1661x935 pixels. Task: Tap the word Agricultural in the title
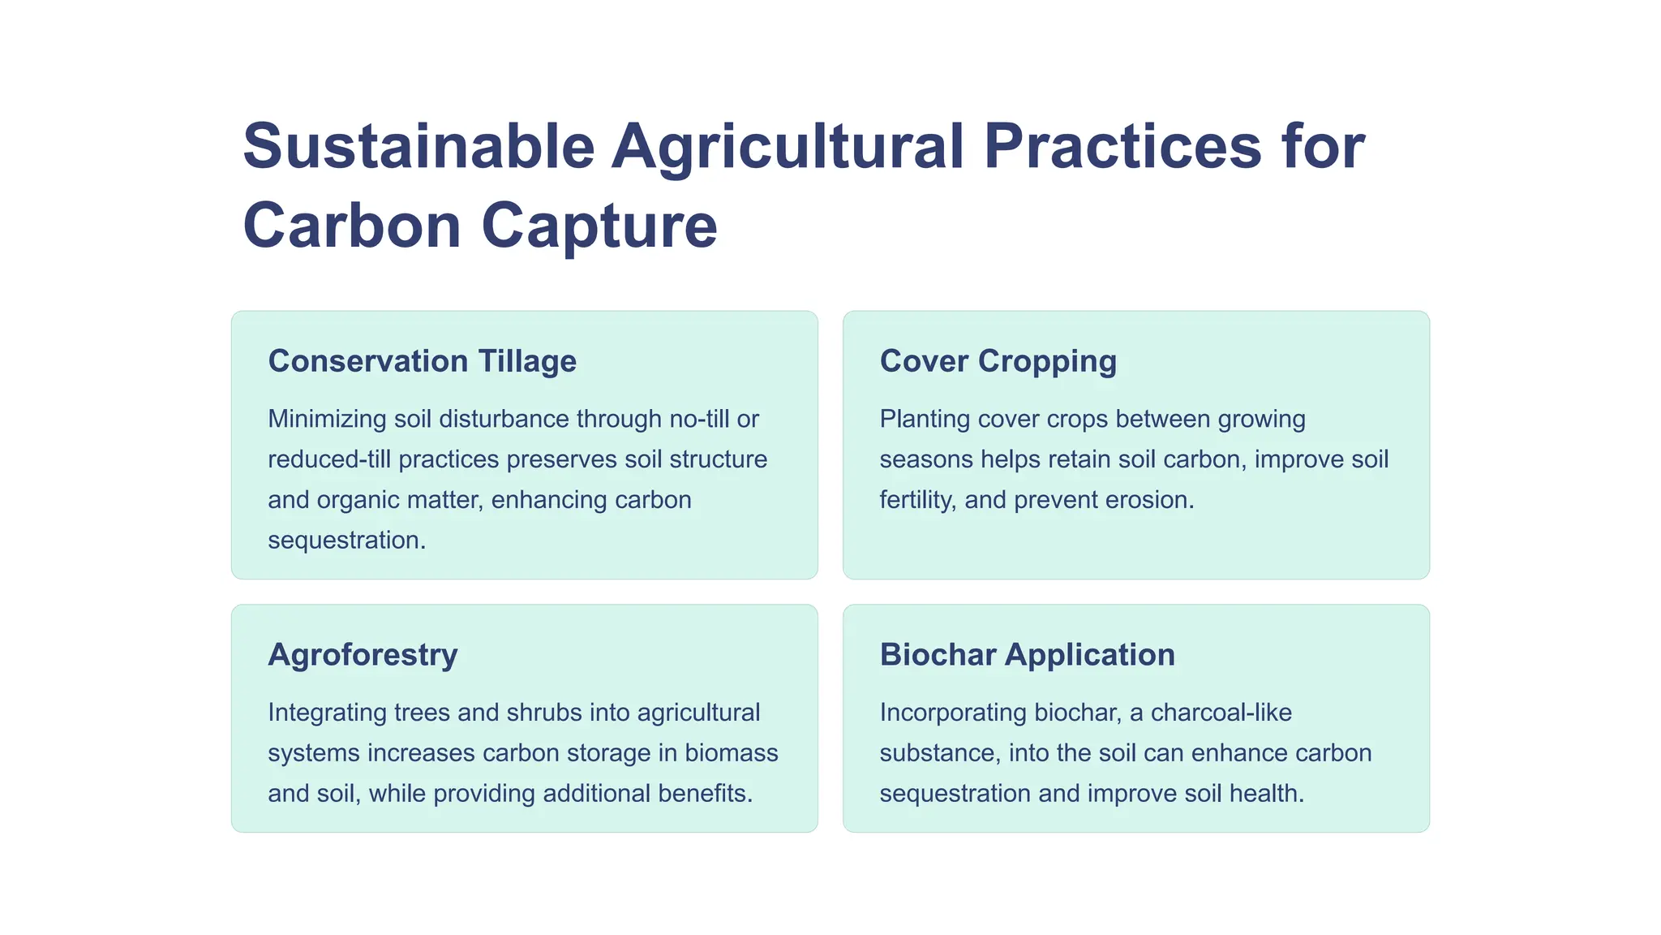click(788, 147)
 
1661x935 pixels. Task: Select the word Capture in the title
click(599, 226)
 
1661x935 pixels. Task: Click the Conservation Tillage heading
click(422, 361)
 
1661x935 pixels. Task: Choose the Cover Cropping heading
click(998, 361)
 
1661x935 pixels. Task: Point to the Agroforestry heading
click(363, 654)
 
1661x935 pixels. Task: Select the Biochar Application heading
click(1027, 654)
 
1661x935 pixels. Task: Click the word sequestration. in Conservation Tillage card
click(346, 540)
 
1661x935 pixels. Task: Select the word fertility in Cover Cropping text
click(916, 499)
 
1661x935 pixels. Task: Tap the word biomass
click(731, 753)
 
